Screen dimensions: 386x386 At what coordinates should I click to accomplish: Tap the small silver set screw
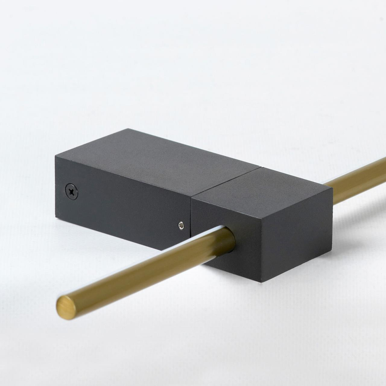tap(181, 226)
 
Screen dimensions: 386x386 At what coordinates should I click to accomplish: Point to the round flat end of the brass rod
tap(66, 308)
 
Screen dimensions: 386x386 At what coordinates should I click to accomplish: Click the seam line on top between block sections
tap(226, 181)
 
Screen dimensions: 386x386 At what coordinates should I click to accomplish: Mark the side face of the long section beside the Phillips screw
tap(124, 208)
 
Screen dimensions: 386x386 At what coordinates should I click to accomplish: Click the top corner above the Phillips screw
tap(55, 156)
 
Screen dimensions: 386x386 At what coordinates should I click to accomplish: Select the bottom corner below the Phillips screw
tap(56, 218)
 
